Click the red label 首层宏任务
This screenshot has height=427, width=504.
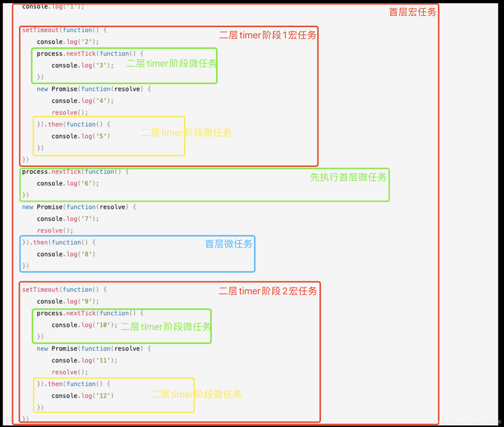[x=412, y=12]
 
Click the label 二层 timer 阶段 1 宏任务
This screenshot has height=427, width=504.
[x=268, y=35]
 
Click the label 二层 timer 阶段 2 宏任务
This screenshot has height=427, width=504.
[x=268, y=291]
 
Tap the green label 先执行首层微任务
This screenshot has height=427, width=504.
[x=348, y=177]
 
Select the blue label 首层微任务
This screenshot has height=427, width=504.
[x=228, y=244]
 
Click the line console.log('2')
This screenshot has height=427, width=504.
[x=68, y=42]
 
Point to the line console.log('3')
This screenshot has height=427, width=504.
[x=83, y=65]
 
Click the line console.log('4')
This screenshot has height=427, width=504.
[x=83, y=101]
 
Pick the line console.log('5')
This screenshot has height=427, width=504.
[x=81, y=136]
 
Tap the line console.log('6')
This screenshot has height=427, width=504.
[x=68, y=183]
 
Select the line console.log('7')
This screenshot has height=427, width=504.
[x=68, y=219]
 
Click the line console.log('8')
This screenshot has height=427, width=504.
[x=66, y=254]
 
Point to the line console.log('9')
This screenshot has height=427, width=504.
[x=68, y=301]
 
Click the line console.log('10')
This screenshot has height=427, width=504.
[x=84, y=325]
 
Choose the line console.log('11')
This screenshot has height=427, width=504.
[x=84, y=360]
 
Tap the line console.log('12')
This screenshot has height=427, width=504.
[x=83, y=396]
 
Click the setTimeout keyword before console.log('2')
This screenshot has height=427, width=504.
[x=40, y=30]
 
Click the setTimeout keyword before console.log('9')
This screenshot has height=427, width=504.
[x=40, y=290]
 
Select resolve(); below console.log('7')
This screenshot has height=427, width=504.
[x=55, y=231]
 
